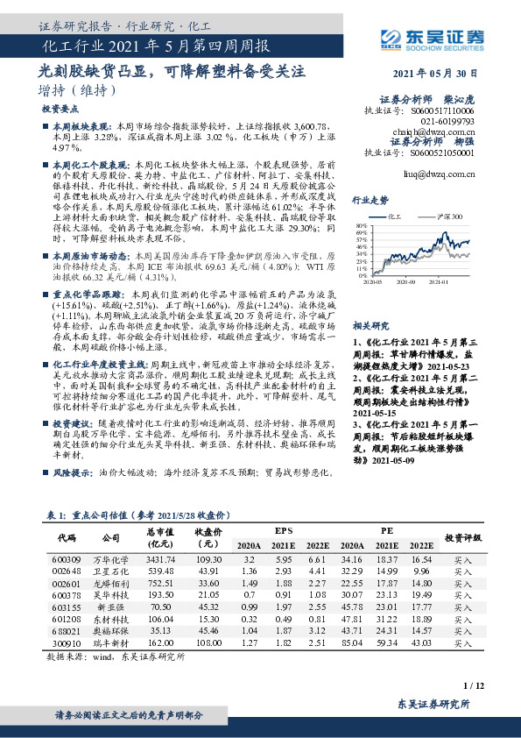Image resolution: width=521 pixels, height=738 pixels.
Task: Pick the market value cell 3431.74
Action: tap(161, 559)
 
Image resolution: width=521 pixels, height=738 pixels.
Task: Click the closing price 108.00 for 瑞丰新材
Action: tap(208, 642)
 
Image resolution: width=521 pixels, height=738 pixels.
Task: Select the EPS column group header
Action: tap(285, 530)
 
